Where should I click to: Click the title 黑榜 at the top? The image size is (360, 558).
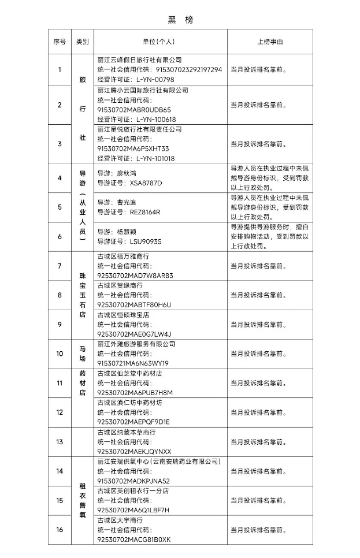coord(180,20)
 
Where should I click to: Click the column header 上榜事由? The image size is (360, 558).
coord(270,42)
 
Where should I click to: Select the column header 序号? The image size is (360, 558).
coord(60,42)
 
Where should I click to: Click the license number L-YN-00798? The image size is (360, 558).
coord(155,79)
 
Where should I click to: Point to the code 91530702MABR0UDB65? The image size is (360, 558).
coord(134,109)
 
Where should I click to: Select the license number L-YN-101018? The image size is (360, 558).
coord(156,158)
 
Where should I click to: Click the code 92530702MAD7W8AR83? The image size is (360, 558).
coord(135,276)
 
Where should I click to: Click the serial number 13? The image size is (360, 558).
coord(60,442)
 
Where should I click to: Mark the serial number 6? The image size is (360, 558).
coord(60,236)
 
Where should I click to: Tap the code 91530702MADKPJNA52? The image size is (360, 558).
coord(133,481)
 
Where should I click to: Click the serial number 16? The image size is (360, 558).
coord(60,530)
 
